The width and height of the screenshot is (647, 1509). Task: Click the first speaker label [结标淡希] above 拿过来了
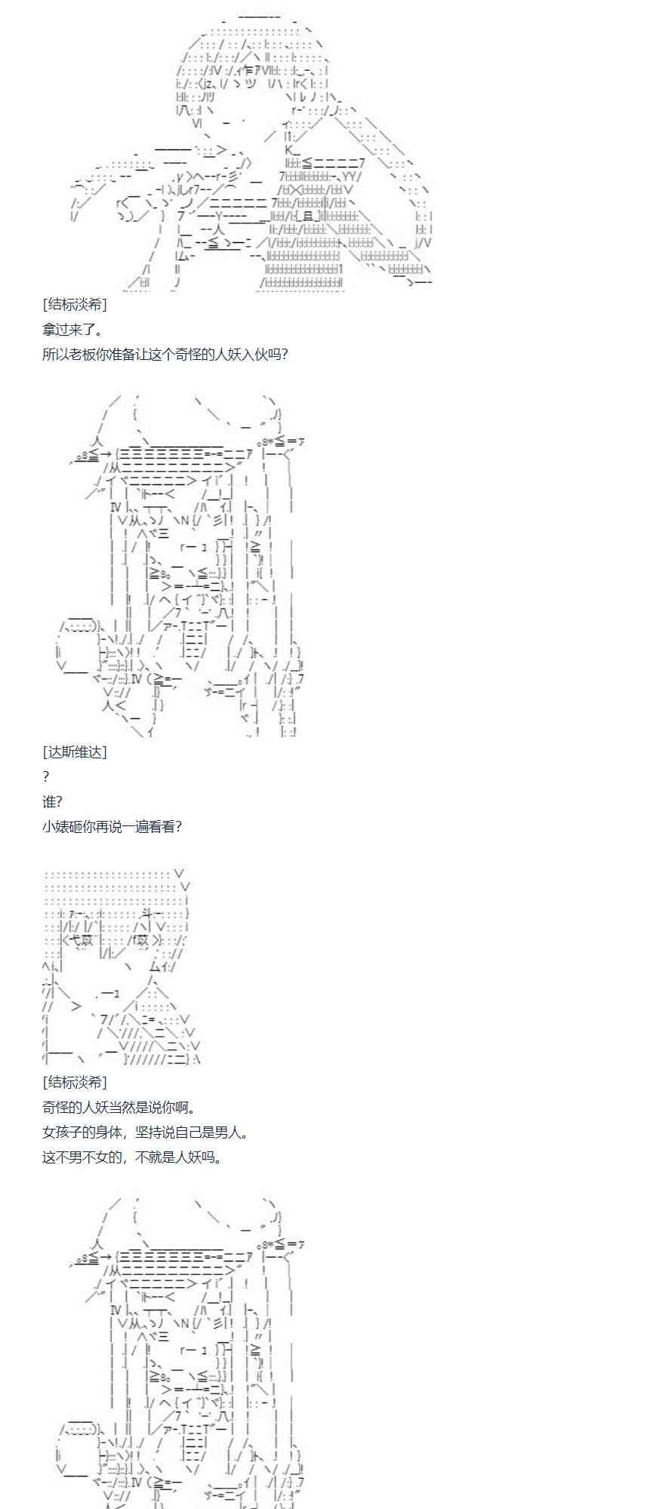75,305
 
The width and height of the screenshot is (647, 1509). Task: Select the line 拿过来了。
72,330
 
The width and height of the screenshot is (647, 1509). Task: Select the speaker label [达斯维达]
75,751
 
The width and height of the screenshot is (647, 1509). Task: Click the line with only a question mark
46,776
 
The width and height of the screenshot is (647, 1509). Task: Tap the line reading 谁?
52,801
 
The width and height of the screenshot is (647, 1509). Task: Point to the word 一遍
134,826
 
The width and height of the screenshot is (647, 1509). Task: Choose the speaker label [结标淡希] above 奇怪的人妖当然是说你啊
75,1082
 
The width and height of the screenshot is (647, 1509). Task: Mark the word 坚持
147,1132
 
